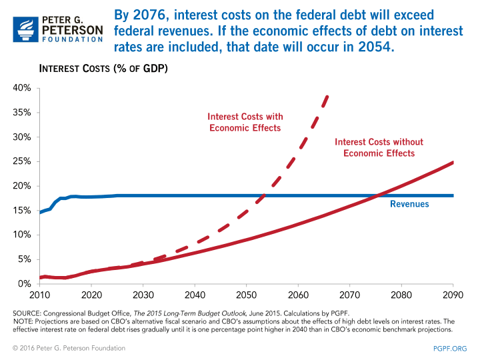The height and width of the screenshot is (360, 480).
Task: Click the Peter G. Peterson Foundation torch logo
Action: tap(24, 25)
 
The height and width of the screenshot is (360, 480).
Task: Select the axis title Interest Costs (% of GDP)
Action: tap(103, 69)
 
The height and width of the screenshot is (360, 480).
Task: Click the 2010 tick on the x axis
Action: tap(39, 294)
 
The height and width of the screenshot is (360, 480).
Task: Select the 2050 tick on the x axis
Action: tap(246, 294)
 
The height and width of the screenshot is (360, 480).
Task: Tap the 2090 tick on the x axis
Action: tap(453, 294)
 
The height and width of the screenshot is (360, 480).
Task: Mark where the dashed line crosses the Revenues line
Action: tap(265, 195)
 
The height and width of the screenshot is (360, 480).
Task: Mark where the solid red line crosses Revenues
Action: tap(378, 195)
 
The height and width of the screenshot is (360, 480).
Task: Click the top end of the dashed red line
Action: tap(327, 96)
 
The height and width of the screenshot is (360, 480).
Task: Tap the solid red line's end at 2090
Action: tap(453, 162)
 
